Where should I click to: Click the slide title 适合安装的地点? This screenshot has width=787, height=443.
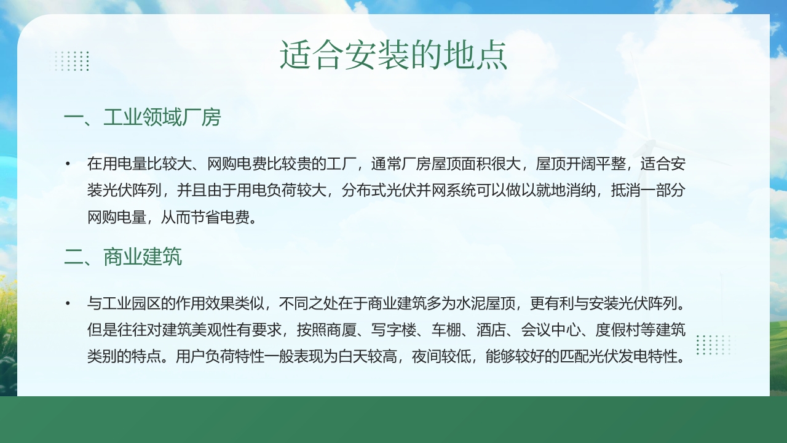[x=393, y=55]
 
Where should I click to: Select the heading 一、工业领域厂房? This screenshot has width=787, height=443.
[x=142, y=117]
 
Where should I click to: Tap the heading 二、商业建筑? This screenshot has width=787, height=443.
[x=123, y=257]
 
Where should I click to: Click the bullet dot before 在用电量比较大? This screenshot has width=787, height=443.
[x=68, y=164]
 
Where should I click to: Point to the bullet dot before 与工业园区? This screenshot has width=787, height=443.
[x=68, y=303]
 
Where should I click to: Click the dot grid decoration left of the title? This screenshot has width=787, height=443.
[x=71, y=61]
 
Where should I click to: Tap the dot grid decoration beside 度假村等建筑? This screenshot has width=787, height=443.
[x=713, y=345]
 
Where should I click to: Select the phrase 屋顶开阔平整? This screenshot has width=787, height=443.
[x=581, y=164]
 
